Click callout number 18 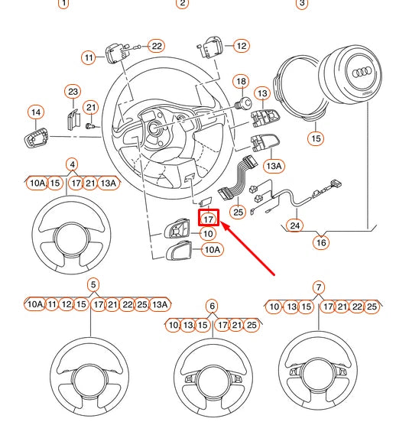click(x=241, y=81)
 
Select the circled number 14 click(x=35, y=112)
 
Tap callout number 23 click(x=73, y=91)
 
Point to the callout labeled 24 click(x=294, y=225)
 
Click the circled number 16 click(x=321, y=242)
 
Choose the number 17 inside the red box click(x=209, y=219)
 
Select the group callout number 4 click(x=72, y=164)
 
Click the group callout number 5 click(x=93, y=285)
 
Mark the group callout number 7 click(x=319, y=287)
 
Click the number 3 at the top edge click(x=302, y=3)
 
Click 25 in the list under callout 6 click(x=252, y=325)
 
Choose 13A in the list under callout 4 click(x=109, y=183)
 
